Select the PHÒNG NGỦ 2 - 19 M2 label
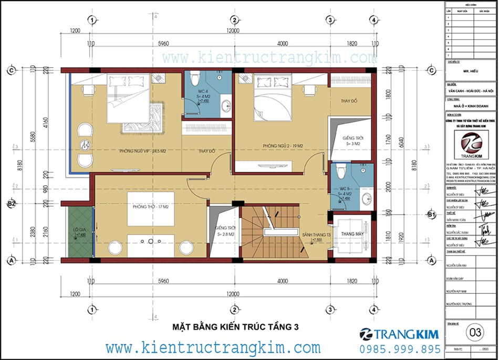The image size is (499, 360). pyautogui.click(x=273, y=145)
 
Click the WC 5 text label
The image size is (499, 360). pyautogui.click(x=345, y=188)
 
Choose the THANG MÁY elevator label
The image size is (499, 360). pyautogui.click(x=352, y=234)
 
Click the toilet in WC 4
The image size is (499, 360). pyautogui.click(x=195, y=79)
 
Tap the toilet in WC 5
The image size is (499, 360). pyautogui.click(x=341, y=171)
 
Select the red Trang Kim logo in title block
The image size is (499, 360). pyautogui.click(x=470, y=144)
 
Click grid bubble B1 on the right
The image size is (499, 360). pyautogui.click(x=431, y=214)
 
